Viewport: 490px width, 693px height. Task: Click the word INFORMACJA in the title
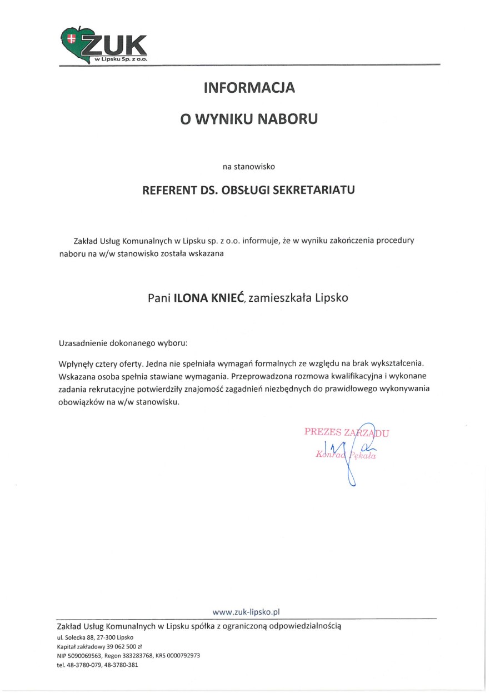coord(249,87)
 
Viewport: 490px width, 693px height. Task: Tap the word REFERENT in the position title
coord(169,190)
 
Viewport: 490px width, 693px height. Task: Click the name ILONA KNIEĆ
coord(209,297)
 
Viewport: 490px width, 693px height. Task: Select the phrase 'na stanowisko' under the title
coord(248,166)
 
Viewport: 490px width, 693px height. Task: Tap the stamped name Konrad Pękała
coord(346,455)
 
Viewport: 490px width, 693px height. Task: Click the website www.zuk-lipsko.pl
coord(246,611)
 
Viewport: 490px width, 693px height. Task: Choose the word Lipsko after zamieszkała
coord(332,297)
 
